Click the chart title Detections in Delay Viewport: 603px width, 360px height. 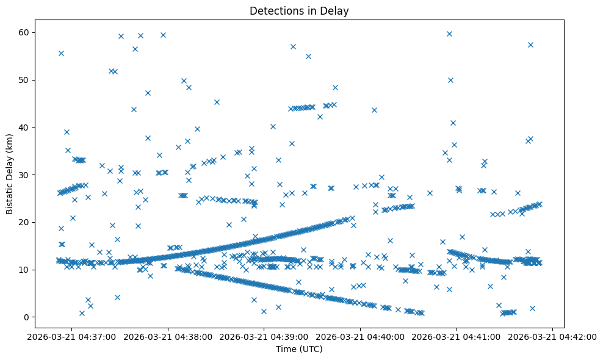click(299, 10)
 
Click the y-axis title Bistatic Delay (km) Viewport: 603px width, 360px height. click(10, 174)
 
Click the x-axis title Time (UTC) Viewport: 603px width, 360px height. click(299, 349)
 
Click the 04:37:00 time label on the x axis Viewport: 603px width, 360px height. click(71, 336)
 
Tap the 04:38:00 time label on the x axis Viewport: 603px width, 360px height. click(167, 336)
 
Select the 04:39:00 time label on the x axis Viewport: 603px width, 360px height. click(264, 336)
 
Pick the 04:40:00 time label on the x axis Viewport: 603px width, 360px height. click(360, 336)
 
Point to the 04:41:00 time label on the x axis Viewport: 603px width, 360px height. click(457, 336)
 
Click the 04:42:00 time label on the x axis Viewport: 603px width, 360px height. click(553, 336)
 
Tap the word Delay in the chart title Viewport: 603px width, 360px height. click(336, 10)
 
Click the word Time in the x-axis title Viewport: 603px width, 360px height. click(286, 349)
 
